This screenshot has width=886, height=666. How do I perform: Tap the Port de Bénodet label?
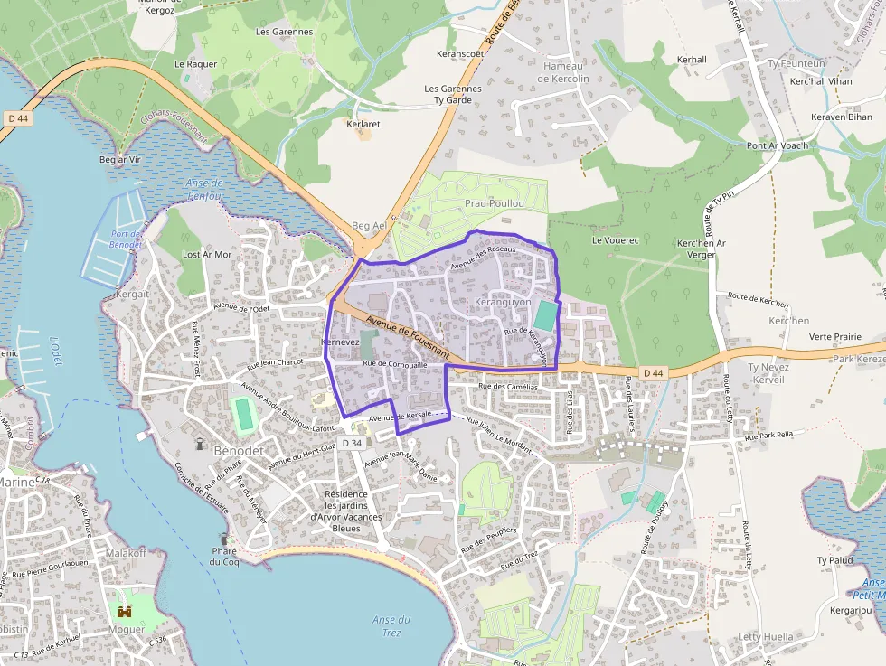point(127,239)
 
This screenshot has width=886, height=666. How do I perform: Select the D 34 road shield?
point(352,443)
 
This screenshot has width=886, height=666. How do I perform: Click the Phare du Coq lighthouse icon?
point(223,539)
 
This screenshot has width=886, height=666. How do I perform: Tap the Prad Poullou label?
point(495,203)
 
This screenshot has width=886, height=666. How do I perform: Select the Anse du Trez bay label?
point(391,625)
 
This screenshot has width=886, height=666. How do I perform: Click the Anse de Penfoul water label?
point(204,188)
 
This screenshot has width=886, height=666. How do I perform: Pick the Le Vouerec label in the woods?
point(615,240)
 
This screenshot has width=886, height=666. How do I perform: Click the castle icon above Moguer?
point(125,611)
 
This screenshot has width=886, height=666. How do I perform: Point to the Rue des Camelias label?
point(508,386)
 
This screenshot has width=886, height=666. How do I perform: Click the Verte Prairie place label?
point(834,336)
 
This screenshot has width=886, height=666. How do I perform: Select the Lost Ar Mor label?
point(207,255)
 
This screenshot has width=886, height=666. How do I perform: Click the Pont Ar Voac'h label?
point(777,145)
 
